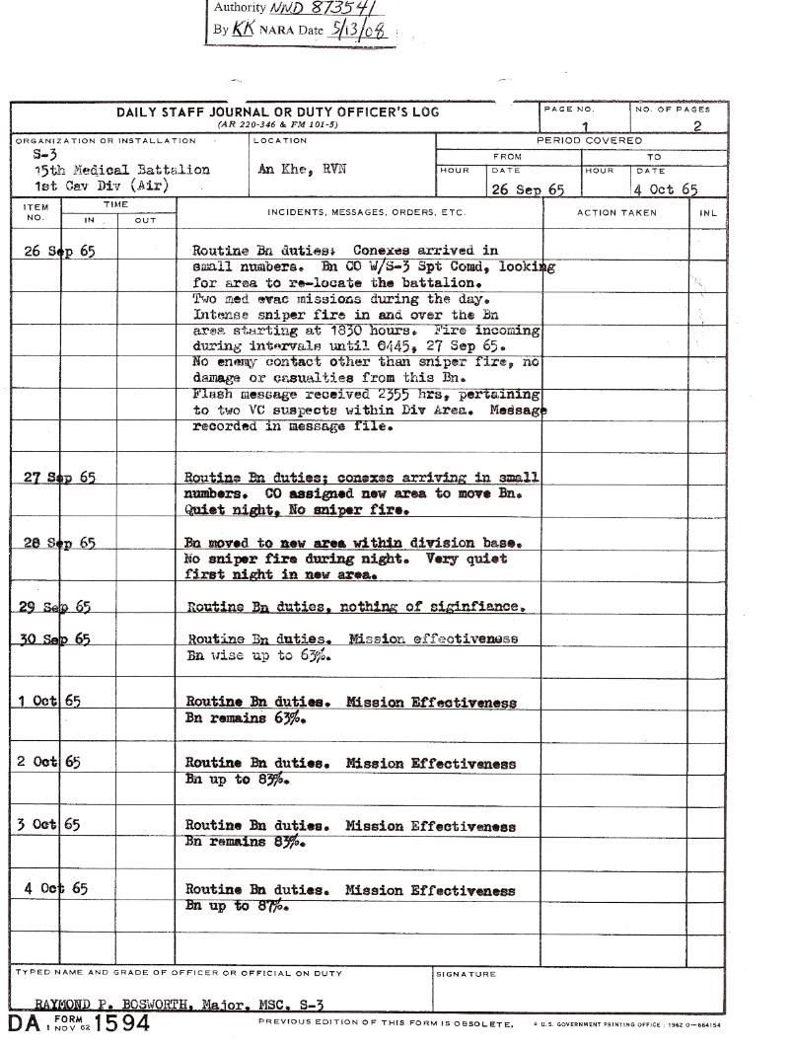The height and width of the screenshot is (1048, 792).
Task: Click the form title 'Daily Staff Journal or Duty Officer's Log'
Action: [278, 112]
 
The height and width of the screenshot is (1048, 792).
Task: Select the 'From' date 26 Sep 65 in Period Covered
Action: [527, 189]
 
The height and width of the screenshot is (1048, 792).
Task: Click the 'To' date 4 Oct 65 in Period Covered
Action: [666, 189]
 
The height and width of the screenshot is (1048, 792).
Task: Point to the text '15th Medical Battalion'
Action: [122, 170]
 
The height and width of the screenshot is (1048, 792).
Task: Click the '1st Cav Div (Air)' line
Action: [102, 186]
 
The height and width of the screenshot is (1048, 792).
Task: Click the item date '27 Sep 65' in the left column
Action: [59, 478]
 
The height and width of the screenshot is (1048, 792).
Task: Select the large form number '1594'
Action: [120, 1023]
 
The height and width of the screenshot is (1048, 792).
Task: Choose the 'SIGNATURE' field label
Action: [466, 974]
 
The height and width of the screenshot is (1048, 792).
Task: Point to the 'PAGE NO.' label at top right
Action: [569, 110]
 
